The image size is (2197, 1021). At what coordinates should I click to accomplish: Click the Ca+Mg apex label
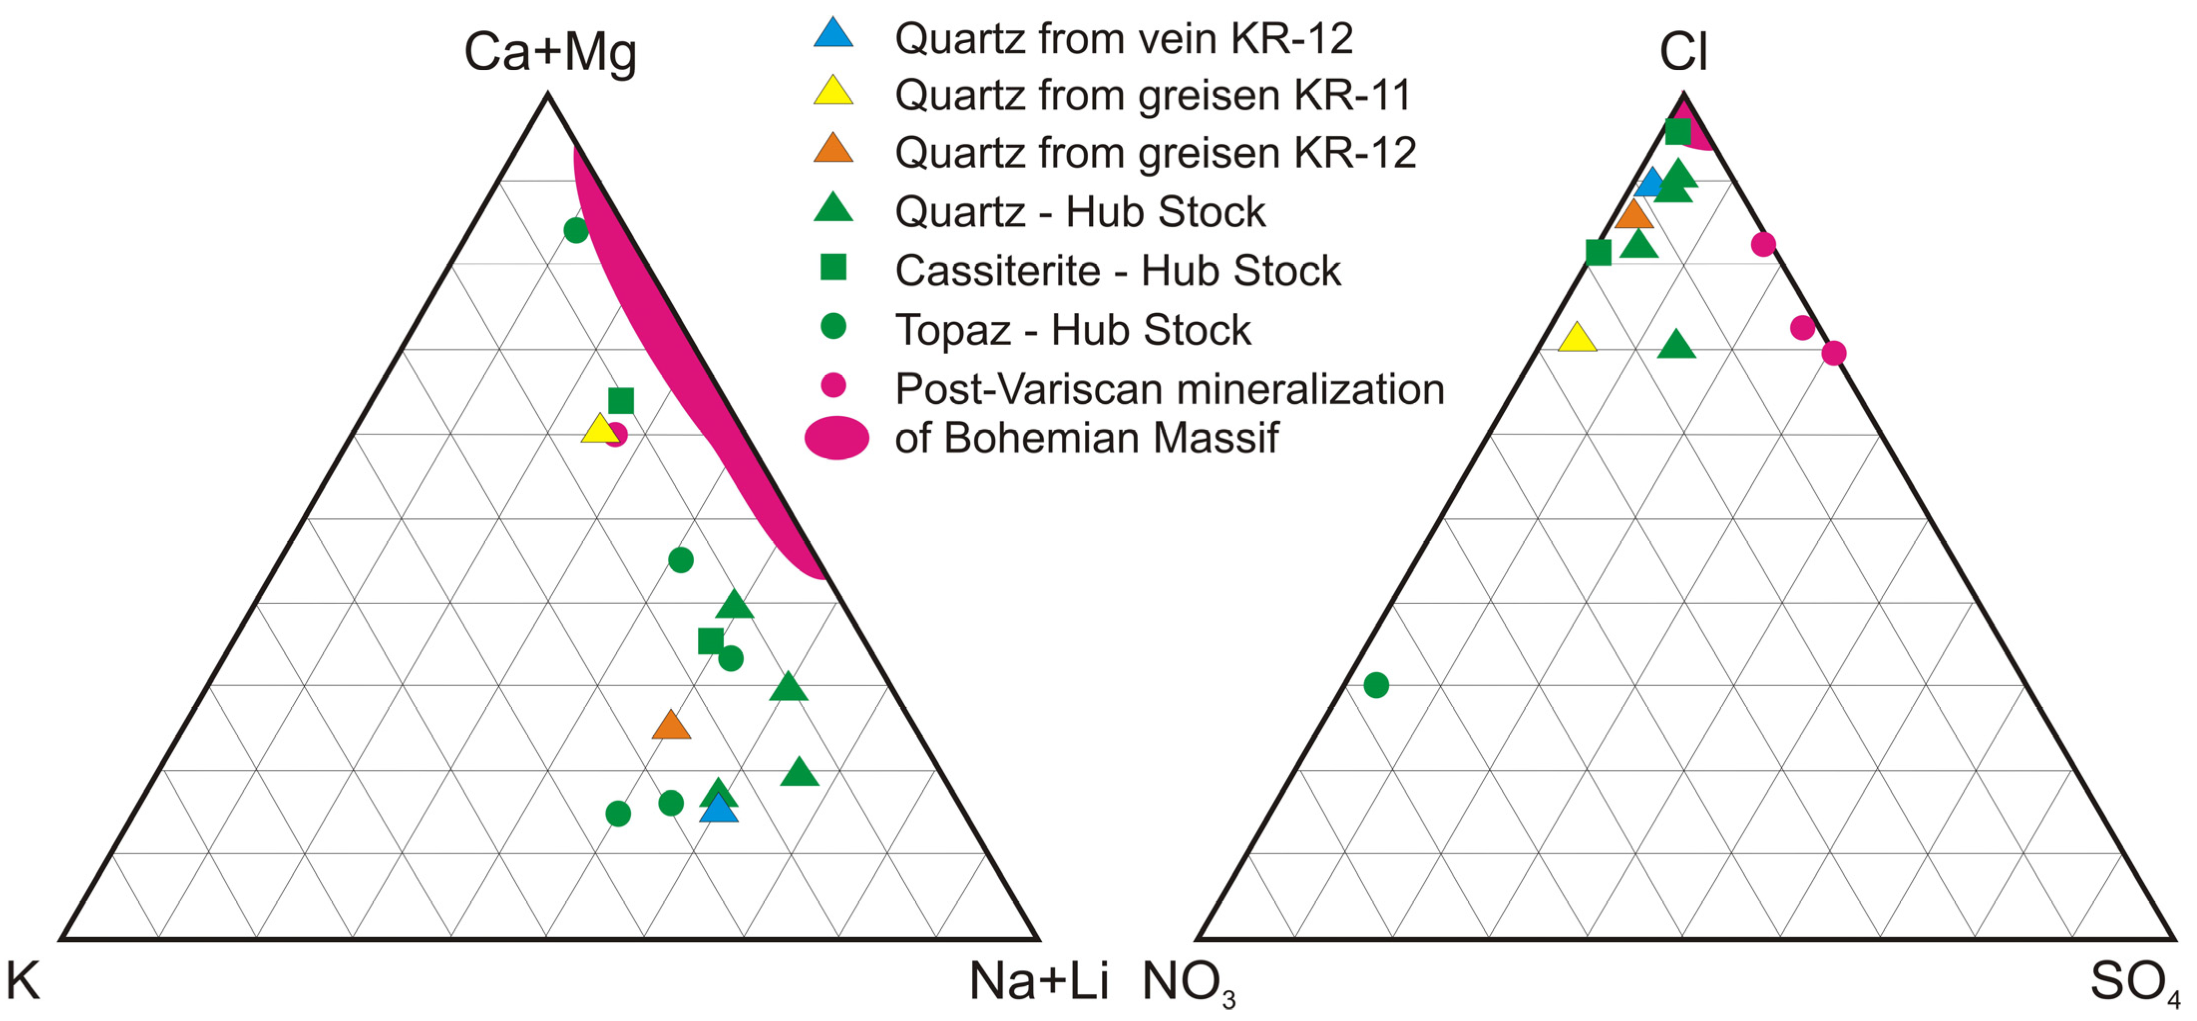pyautogui.click(x=550, y=53)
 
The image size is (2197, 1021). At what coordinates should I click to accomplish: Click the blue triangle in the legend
pyautogui.click(x=833, y=34)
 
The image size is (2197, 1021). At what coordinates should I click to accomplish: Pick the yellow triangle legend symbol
pyautogui.click(x=833, y=91)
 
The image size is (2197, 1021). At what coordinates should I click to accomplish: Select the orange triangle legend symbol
pyautogui.click(x=833, y=149)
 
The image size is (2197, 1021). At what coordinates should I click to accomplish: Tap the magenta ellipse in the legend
pyautogui.click(x=837, y=437)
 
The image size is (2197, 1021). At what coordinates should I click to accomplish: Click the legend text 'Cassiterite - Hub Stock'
pyautogui.click(x=1117, y=271)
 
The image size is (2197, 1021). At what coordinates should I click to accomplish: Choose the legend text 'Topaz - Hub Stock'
pyautogui.click(x=1072, y=330)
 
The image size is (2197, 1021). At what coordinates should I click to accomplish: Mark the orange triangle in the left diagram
pyautogui.click(x=671, y=726)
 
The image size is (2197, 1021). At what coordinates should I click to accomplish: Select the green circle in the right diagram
pyautogui.click(x=1376, y=685)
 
